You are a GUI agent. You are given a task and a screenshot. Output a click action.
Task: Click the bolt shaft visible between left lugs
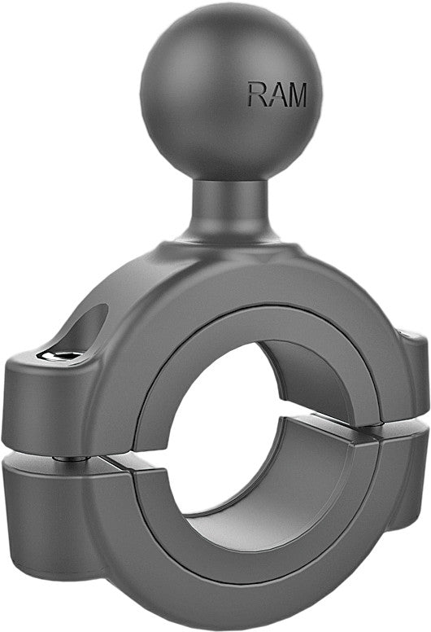click(72, 457)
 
